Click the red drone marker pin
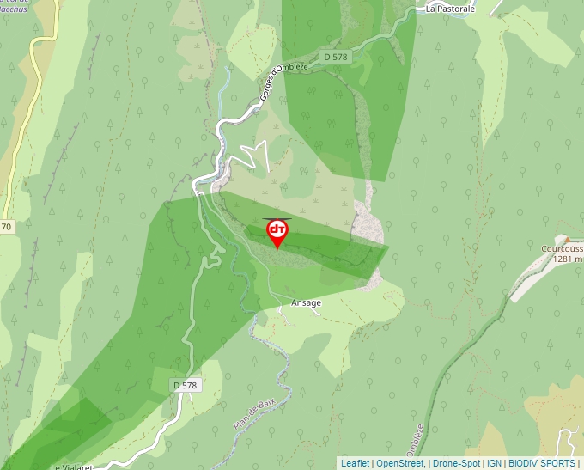pyautogui.click(x=277, y=232)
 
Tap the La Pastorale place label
pyautogui.click(x=450, y=9)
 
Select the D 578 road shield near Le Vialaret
pyautogui.click(x=185, y=386)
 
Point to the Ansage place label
pyautogui.click(x=306, y=303)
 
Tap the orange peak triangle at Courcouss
pyautogui.click(x=567, y=240)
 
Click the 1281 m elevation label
pyautogui.click(x=568, y=259)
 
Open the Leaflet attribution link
pyautogui.click(x=355, y=463)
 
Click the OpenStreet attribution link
pyautogui.click(x=400, y=463)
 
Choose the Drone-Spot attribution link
pyautogui.click(x=456, y=463)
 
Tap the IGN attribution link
pyautogui.click(x=494, y=463)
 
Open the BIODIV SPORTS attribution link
pyautogui.click(x=541, y=463)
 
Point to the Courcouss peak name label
pyautogui.click(x=562, y=249)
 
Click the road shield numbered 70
pyautogui.click(x=6, y=227)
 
